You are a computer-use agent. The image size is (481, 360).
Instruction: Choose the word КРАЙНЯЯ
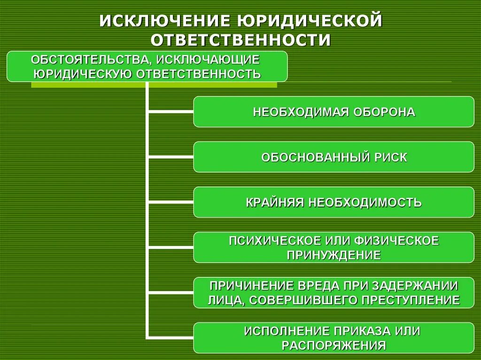point(275,203)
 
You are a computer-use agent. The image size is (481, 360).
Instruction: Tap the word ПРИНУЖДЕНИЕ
point(334,255)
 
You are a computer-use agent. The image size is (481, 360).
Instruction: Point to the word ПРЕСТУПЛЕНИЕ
point(409,300)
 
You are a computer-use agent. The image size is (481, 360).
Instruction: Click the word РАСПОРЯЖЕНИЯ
point(334,345)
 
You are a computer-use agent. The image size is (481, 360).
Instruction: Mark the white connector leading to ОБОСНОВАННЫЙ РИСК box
point(171,157)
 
